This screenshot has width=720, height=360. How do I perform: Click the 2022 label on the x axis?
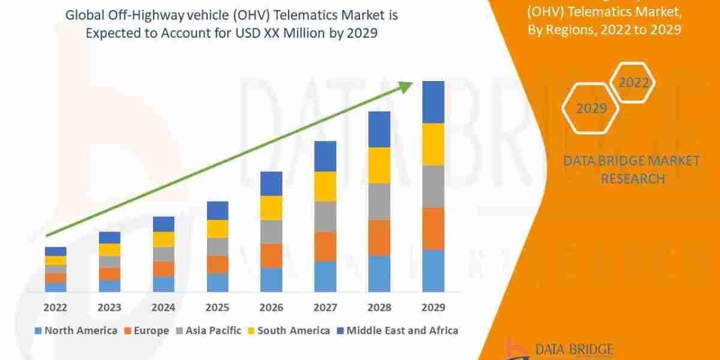point(56,307)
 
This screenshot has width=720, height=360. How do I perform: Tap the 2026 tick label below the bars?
point(271,307)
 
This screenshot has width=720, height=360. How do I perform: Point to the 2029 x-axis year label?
point(433,307)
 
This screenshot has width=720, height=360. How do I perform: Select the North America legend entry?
point(76,331)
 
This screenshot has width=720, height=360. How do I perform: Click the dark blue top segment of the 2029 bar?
point(433,102)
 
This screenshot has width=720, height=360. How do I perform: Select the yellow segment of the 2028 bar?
point(379,165)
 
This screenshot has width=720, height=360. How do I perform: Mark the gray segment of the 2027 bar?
point(325,217)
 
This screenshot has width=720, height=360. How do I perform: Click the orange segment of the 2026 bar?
point(271,256)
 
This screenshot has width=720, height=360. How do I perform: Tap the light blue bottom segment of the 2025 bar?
point(217,283)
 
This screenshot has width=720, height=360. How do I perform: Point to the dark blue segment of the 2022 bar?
point(56,251)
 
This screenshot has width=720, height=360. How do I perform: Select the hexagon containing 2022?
point(634,83)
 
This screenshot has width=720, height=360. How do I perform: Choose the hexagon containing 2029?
point(591,109)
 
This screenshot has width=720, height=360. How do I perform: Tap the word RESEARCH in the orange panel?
point(632,178)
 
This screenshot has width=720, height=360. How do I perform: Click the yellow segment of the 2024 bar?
point(163,239)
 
